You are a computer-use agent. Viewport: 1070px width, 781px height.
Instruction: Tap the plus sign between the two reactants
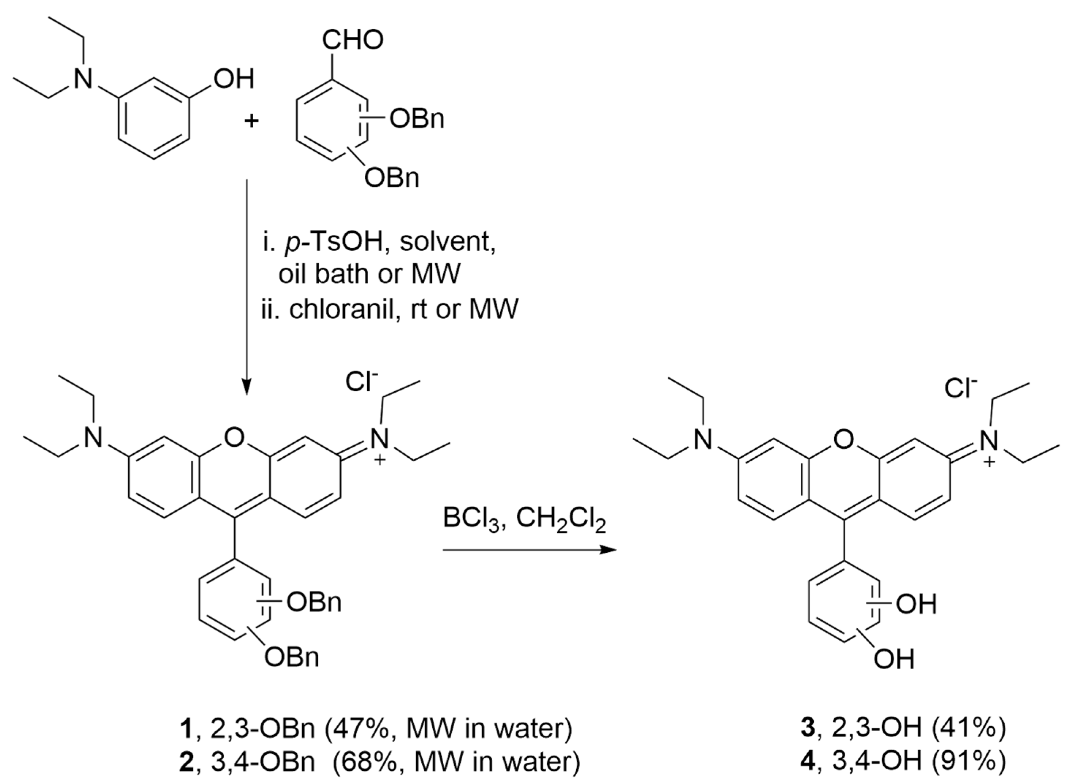(x=251, y=121)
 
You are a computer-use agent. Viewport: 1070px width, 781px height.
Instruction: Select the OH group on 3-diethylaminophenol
(x=234, y=79)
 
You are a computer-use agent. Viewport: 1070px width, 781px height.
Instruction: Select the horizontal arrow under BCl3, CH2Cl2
(x=530, y=550)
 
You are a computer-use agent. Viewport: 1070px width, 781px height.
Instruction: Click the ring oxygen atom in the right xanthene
(x=845, y=440)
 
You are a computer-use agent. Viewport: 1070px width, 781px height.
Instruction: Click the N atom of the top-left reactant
(x=84, y=79)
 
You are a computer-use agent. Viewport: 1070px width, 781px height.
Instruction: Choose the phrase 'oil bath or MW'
(x=369, y=274)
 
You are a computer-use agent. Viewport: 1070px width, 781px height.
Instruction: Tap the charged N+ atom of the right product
(x=988, y=441)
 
